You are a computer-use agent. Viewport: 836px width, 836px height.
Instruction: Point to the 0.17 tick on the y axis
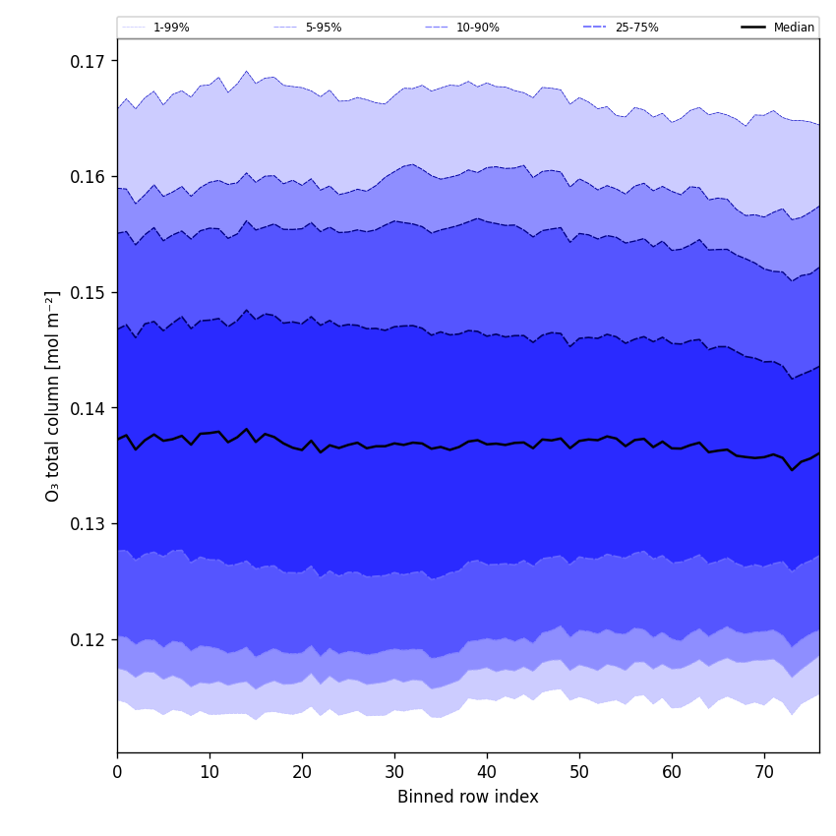(89, 61)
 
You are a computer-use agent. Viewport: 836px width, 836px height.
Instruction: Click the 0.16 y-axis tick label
(89, 177)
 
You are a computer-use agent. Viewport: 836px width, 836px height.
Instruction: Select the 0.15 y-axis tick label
(89, 292)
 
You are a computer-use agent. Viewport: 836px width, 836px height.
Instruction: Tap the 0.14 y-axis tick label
(89, 408)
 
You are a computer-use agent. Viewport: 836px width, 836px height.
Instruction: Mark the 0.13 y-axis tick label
(89, 523)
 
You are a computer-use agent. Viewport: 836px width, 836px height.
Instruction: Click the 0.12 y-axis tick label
(89, 639)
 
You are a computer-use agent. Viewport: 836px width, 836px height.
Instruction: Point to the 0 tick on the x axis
(117, 772)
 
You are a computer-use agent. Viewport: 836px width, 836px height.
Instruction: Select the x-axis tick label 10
(209, 772)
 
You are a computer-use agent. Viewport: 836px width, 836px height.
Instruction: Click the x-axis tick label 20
(302, 772)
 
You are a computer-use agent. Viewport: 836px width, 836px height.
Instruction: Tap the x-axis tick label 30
(394, 772)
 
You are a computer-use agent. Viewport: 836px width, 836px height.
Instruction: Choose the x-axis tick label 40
(487, 772)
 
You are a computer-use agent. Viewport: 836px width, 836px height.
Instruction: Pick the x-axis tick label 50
(579, 772)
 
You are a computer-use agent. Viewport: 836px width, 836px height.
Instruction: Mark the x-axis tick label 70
(764, 772)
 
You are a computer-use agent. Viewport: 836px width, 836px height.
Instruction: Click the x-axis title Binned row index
(468, 798)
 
